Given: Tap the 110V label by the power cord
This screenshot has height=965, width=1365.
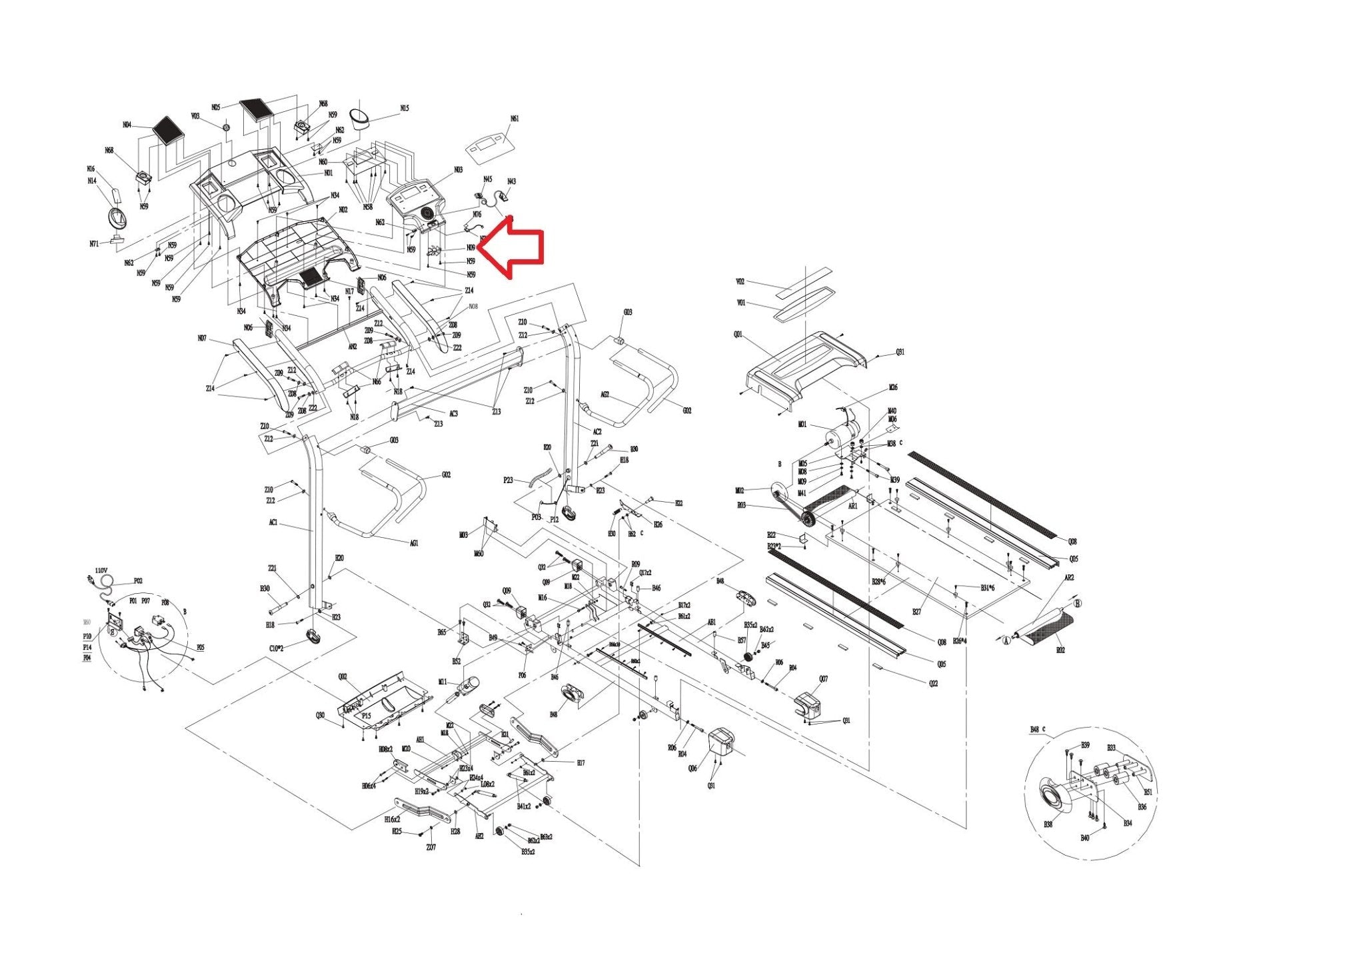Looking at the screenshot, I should pos(101,570).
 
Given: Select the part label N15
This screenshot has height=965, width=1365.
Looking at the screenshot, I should pos(404,108).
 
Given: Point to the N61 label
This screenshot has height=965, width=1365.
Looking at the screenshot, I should pos(515,119).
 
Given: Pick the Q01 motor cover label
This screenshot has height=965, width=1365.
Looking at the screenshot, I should pos(738,335).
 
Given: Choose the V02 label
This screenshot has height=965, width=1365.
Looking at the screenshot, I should pos(740,282).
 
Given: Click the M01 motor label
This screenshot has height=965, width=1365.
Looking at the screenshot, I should pos(802,424).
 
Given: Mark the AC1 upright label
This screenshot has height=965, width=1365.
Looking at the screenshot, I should pos(273,523).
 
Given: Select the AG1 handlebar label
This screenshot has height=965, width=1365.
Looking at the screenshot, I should pos(414,543).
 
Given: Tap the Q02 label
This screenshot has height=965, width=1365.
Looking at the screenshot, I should pos(343,676).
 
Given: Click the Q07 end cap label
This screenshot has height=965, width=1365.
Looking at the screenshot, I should pos(824,679).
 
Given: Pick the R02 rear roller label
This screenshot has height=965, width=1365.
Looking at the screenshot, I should pos(1060,650).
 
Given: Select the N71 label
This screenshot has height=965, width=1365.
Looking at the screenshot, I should pos(94,244).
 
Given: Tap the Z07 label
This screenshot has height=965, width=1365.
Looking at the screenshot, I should pos(431,847).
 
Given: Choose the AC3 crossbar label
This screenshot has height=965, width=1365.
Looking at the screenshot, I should pos(453,414).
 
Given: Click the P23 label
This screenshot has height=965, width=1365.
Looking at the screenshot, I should pos(508,480).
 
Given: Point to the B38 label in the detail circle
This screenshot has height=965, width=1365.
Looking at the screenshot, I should pos(1048,824).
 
